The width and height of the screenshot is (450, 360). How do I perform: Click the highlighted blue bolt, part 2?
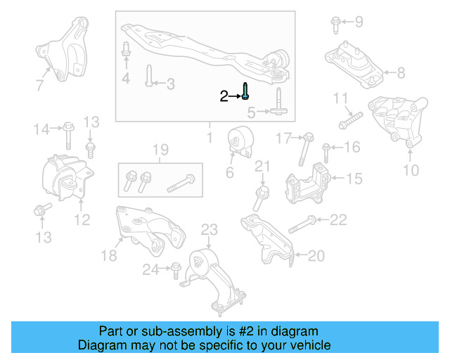(246, 91)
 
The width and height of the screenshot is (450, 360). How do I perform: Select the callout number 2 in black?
(224, 96)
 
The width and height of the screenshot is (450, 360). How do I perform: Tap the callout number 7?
(39, 86)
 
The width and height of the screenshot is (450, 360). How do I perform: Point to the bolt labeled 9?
(335, 25)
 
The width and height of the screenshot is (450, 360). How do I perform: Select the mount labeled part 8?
(353, 65)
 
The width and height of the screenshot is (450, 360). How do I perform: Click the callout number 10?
(411, 169)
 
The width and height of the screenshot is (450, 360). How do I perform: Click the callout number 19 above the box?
(160, 149)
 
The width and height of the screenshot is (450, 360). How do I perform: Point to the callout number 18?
(108, 256)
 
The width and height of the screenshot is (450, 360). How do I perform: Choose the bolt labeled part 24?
(175, 268)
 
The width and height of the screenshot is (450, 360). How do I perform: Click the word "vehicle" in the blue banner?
(305, 345)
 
